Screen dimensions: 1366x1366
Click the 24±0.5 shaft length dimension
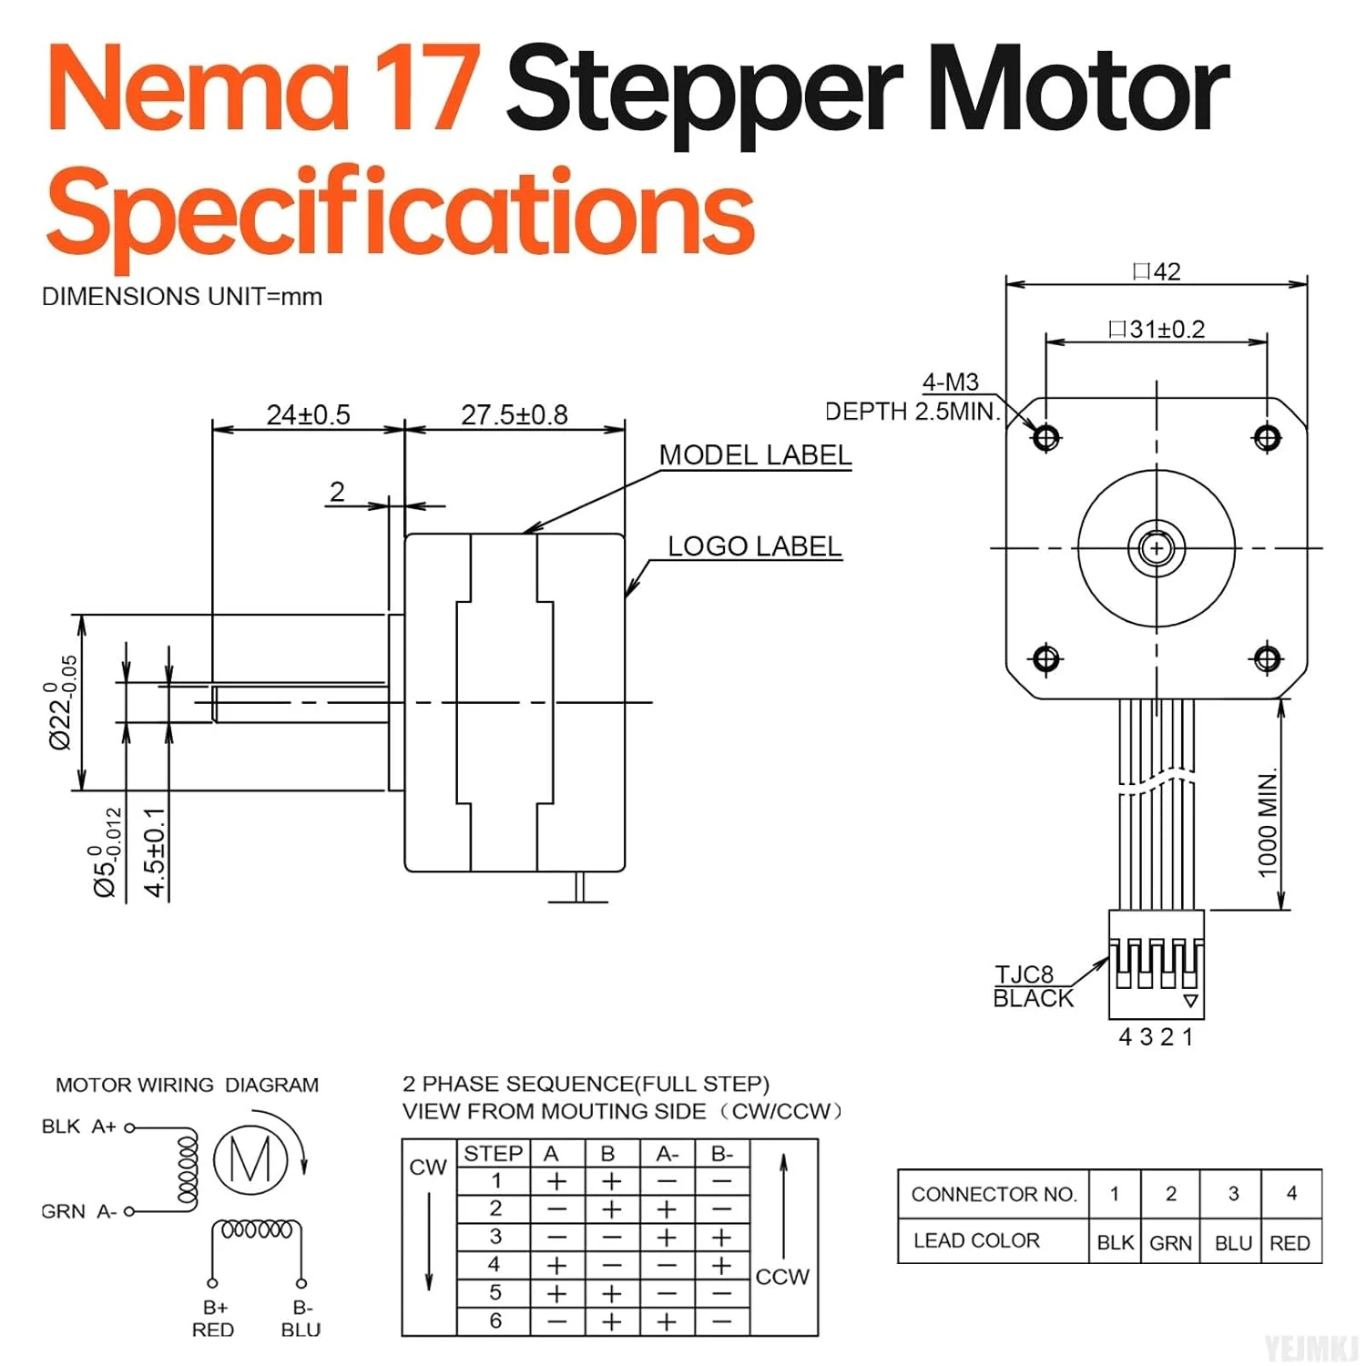[x=308, y=415]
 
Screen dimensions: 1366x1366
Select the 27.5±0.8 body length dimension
[x=515, y=415]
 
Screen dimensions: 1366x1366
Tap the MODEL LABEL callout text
[x=755, y=455]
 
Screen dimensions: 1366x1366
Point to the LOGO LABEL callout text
[x=755, y=546]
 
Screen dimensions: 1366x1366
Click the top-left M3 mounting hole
[x=1046, y=438]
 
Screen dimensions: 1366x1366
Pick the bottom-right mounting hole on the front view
[x=1268, y=658]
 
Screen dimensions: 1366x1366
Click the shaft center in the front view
[x=1157, y=548]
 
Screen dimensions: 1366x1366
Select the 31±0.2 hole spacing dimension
[x=1157, y=329]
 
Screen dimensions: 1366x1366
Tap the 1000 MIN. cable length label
[x=1268, y=823]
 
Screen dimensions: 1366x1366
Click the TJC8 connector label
[x=1024, y=974]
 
